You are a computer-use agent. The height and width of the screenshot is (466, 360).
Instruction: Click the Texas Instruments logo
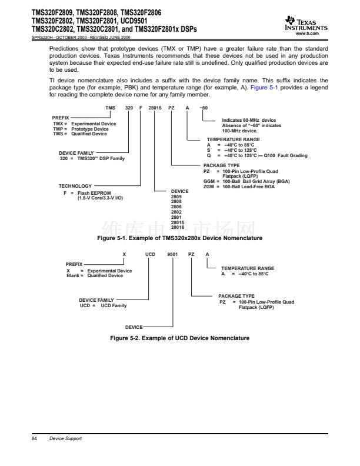[x=305, y=22]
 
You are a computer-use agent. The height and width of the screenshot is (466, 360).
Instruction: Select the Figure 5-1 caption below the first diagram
[x=179, y=238]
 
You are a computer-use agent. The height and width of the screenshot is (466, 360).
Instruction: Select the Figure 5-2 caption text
[x=180, y=338]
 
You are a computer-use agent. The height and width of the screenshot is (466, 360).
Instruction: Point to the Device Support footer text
[x=66, y=439]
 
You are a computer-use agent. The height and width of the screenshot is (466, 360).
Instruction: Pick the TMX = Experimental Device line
[x=84, y=124]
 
